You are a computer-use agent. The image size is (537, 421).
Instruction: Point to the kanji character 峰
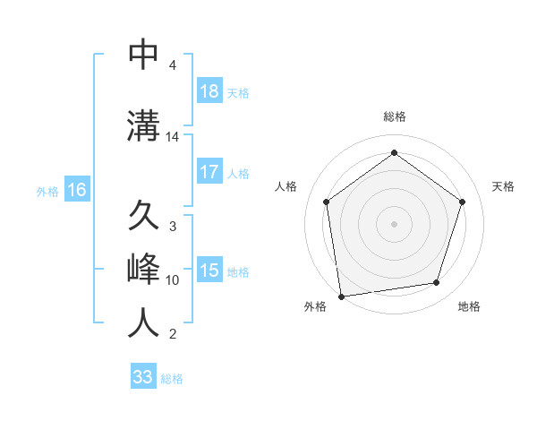[x=144, y=270]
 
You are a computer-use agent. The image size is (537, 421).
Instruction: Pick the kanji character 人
[x=144, y=323]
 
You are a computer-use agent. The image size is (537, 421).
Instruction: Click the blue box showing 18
[x=209, y=91]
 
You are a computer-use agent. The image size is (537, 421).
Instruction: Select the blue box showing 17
[x=209, y=172]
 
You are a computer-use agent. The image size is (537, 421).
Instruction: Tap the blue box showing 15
[x=209, y=271]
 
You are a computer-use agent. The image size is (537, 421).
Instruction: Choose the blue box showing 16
[x=76, y=190]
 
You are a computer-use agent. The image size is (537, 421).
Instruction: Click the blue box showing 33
[x=143, y=377]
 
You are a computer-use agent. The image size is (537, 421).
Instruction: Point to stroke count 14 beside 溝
[x=173, y=137]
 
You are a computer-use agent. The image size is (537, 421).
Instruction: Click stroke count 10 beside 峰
[x=173, y=280]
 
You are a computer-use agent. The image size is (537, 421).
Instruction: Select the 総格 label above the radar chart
[x=394, y=116]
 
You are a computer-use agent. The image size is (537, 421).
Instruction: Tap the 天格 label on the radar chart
[x=503, y=186]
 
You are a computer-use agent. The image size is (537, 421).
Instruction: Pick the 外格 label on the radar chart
[x=315, y=306]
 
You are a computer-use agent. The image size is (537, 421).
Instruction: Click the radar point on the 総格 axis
[x=394, y=153]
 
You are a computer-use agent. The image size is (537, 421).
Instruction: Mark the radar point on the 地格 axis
[x=437, y=283]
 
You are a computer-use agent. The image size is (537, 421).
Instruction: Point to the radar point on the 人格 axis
[x=327, y=202]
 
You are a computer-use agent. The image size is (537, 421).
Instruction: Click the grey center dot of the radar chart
[x=394, y=223]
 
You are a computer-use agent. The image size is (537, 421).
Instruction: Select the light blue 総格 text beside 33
[x=172, y=379]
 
